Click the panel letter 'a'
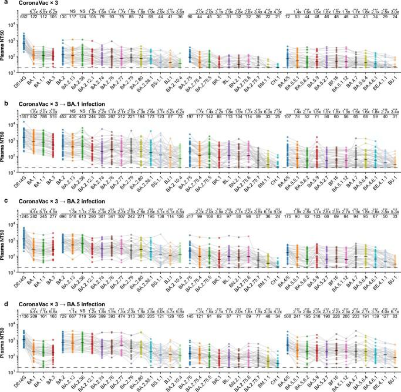[3, 4]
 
